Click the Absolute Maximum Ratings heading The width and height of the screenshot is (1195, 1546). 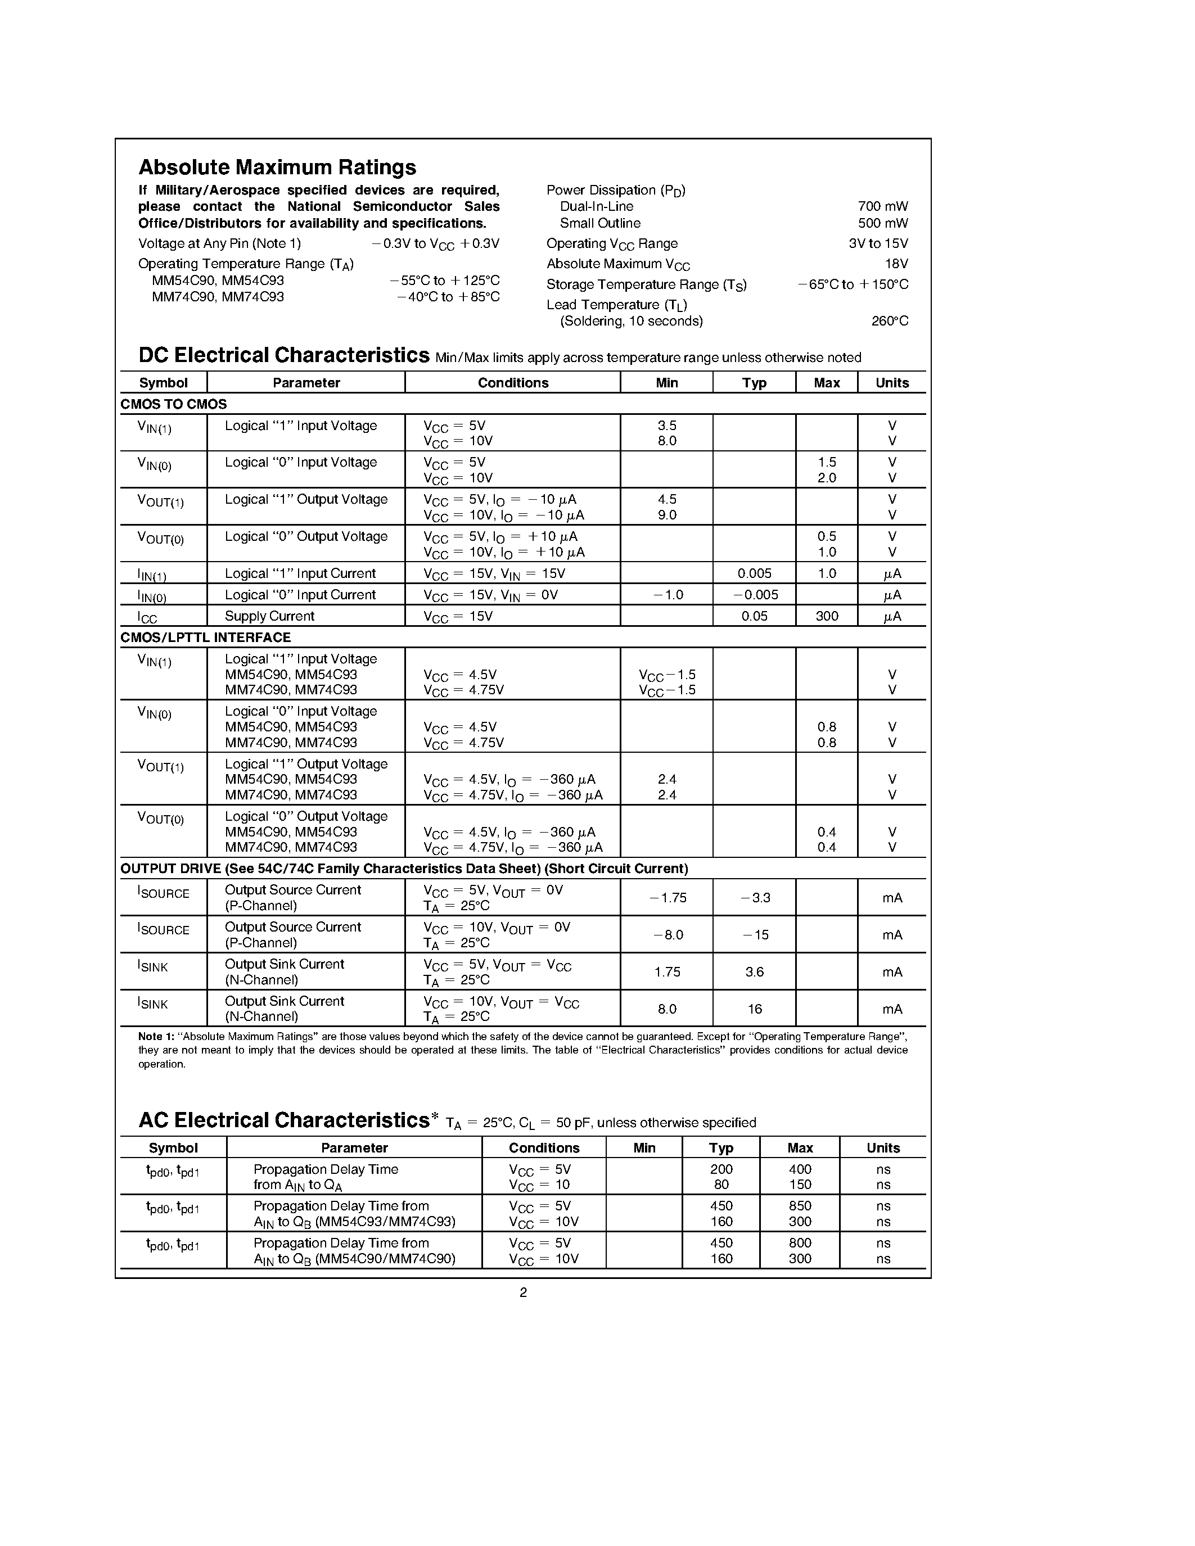277,167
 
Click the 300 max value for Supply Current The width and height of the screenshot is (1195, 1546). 826,616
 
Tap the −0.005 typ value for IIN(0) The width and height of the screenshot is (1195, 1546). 755,595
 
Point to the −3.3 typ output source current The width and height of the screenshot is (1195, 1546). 755,898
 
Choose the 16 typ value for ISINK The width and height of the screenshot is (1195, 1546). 754,1009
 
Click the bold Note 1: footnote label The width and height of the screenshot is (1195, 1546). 156,1036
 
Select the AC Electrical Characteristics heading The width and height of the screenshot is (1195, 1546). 284,1120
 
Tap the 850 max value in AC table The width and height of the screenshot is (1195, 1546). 800,1205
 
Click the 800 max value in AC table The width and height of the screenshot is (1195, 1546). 800,1242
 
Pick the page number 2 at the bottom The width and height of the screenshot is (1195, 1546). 523,1292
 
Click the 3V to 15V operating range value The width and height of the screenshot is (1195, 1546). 878,243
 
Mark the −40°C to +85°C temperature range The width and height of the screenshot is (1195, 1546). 448,297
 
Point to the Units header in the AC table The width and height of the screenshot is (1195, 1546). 883,1147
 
